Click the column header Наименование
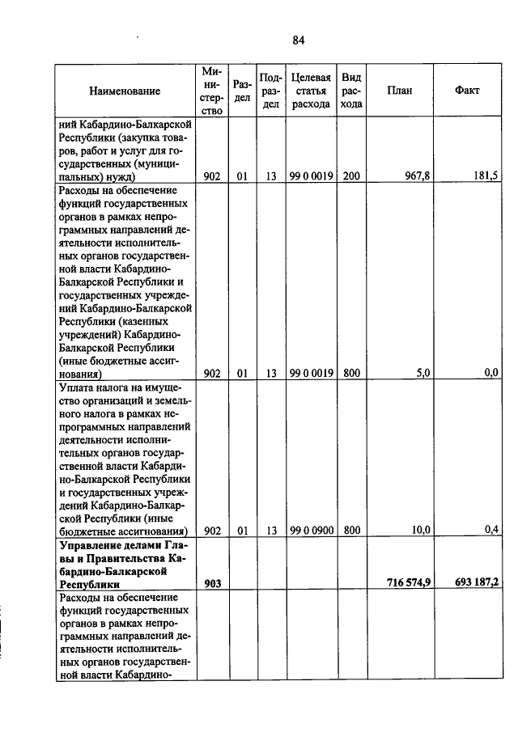(125, 91)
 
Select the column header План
(399, 91)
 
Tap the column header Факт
(467, 91)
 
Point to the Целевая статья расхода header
(311, 91)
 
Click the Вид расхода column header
(351, 91)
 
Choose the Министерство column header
(212, 91)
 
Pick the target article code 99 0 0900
(311, 531)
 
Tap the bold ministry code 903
(212, 584)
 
